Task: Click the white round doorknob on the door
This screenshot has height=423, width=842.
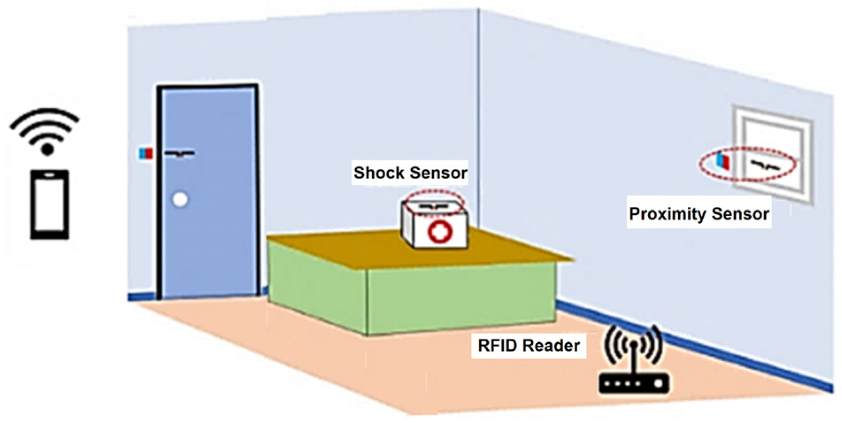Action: pos(180,199)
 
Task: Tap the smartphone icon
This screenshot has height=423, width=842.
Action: pos(50,204)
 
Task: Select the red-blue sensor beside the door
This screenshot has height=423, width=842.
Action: pos(146,153)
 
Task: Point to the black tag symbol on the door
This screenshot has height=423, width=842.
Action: pos(180,153)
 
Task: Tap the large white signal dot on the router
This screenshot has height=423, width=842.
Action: pos(658,384)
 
